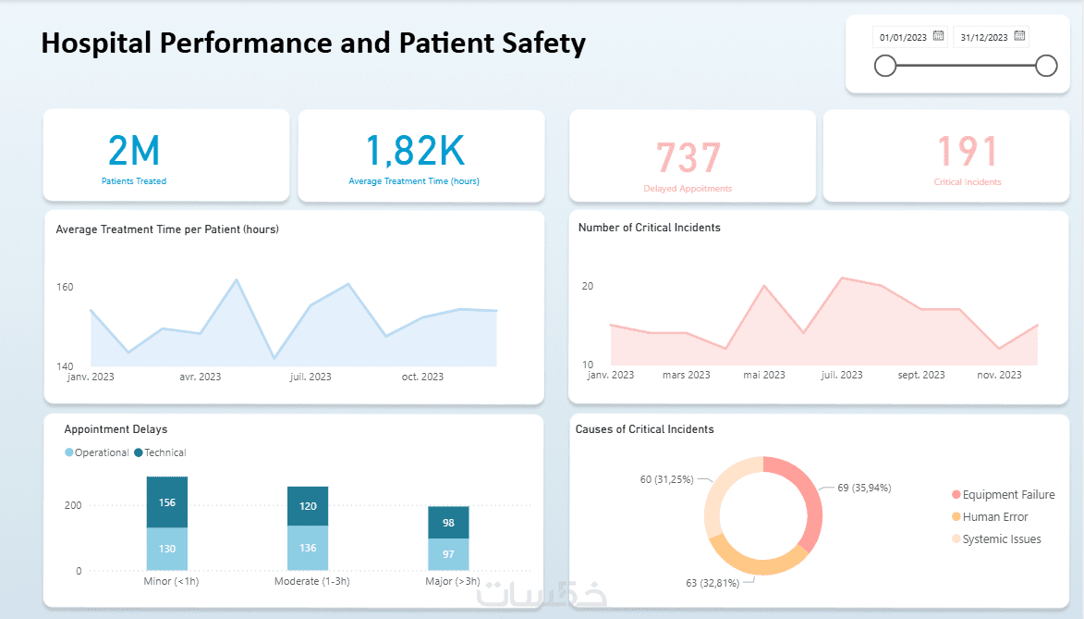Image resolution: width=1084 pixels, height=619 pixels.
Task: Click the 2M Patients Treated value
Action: (134, 151)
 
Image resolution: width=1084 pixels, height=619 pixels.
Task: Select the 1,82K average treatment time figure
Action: (414, 151)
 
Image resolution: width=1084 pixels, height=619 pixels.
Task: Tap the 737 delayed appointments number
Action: (688, 158)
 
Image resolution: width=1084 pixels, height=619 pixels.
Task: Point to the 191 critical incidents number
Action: (968, 153)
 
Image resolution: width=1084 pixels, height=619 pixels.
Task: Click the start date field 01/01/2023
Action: (902, 37)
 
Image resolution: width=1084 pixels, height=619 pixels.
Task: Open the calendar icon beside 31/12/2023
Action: (1019, 36)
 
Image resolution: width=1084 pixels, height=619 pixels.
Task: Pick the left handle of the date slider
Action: (885, 66)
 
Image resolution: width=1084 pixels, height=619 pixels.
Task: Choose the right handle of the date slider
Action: (1046, 66)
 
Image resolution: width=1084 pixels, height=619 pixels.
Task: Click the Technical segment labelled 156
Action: (167, 502)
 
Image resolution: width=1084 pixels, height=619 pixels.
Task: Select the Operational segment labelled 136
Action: (308, 548)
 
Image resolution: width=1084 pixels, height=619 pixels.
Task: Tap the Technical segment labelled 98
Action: (448, 523)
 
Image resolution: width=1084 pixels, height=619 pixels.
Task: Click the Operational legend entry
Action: (97, 452)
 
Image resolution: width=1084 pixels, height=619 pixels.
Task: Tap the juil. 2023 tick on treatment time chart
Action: (311, 377)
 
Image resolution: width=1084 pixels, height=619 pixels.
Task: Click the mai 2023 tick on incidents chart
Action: (764, 375)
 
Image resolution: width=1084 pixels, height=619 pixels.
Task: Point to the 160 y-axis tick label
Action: (65, 287)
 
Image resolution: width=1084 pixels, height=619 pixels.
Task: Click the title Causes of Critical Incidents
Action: (644, 429)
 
